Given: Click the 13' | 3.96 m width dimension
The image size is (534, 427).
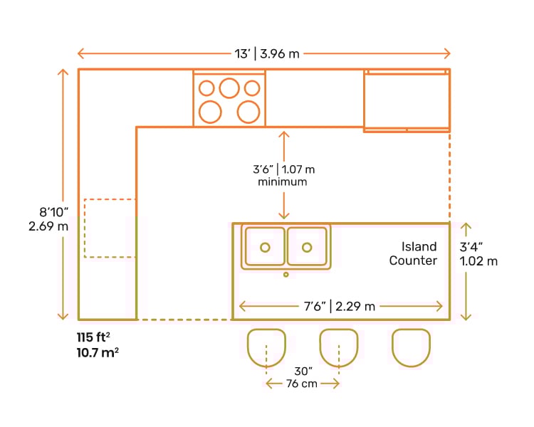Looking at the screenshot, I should [x=264, y=53].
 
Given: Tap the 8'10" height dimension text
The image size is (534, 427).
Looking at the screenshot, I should [x=54, y=212].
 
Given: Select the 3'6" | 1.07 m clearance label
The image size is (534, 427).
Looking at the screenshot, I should [x=284, y=169].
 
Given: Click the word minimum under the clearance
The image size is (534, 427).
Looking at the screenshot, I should [x=283, y=182].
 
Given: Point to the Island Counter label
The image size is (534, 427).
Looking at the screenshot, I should [x=414, y=254].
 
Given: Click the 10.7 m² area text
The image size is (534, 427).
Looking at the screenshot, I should [x=98, y=352].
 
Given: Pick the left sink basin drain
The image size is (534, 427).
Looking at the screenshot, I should [x=265, y=247].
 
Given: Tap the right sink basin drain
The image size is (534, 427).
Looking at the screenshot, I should [x=307, y=247].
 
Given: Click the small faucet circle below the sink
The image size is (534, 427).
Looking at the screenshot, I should [x=286, y=274].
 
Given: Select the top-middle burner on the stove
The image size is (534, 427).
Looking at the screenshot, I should [x=229, y=88].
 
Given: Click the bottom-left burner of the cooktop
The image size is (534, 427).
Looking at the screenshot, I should [x=209, y=111].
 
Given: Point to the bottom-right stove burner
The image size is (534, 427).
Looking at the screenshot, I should [x=248, y=111].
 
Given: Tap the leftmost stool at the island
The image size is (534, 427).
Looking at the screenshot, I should [x=266, y=347].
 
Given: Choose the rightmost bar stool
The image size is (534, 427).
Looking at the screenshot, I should [x=412, y=347].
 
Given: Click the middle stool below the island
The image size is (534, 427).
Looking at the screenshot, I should [x=339, y=347].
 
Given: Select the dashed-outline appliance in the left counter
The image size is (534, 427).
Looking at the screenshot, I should [x=110, y=228].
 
